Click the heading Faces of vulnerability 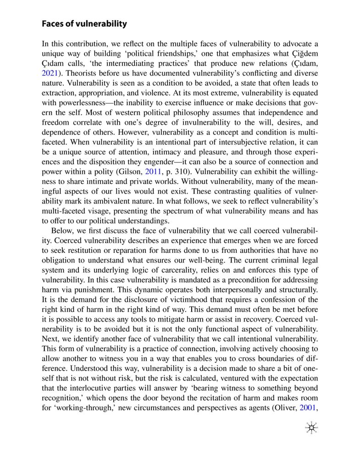tap(84, 23)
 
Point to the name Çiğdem tap(304, 53)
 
